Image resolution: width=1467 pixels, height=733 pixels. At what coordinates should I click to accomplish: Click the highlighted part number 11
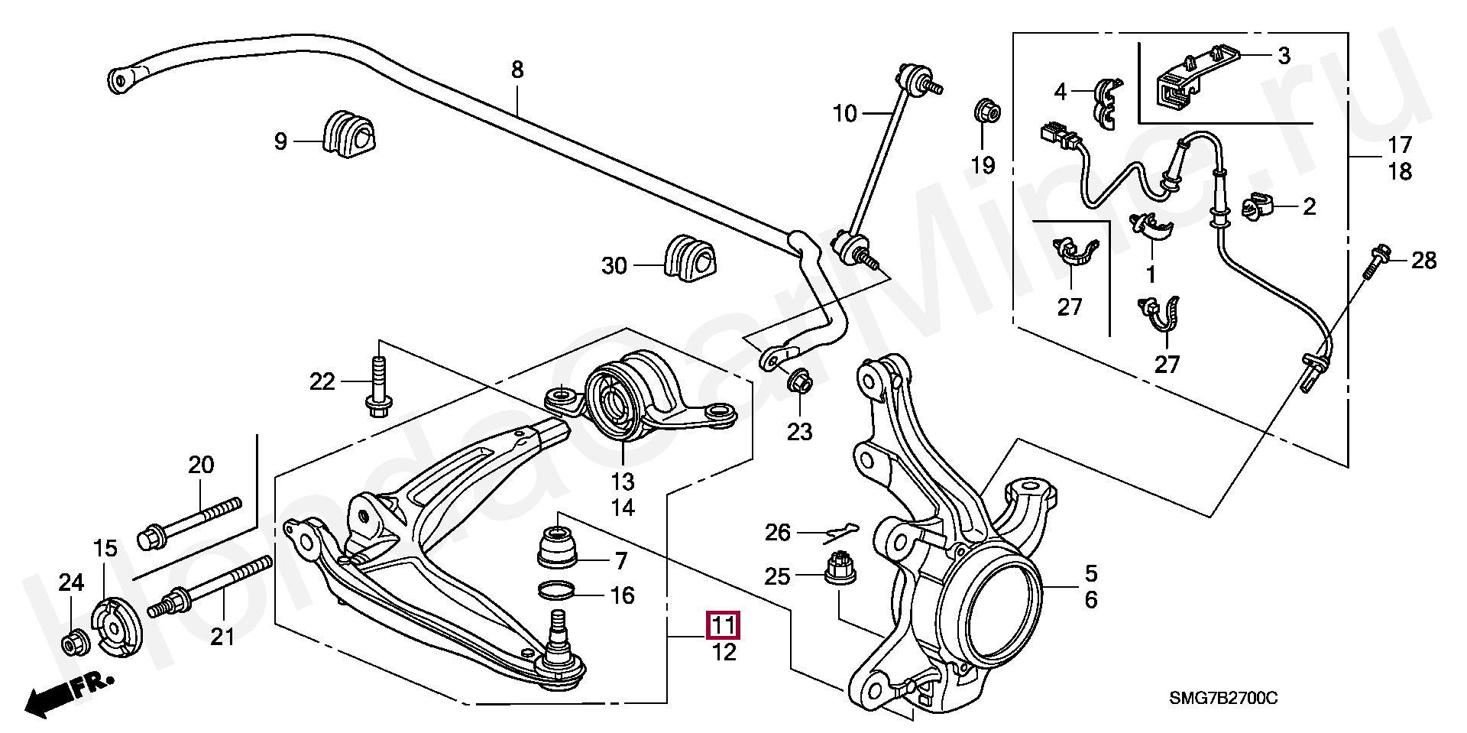724,626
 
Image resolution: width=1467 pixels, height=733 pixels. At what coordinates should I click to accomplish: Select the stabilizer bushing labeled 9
351,135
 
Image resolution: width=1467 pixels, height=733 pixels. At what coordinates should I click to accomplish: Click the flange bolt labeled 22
377,390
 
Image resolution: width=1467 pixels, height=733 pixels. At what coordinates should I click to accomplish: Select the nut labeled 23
798,380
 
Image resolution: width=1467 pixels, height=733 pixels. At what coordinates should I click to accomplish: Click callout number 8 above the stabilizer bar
517,70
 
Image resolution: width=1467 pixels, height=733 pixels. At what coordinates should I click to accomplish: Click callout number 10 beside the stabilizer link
844,114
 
